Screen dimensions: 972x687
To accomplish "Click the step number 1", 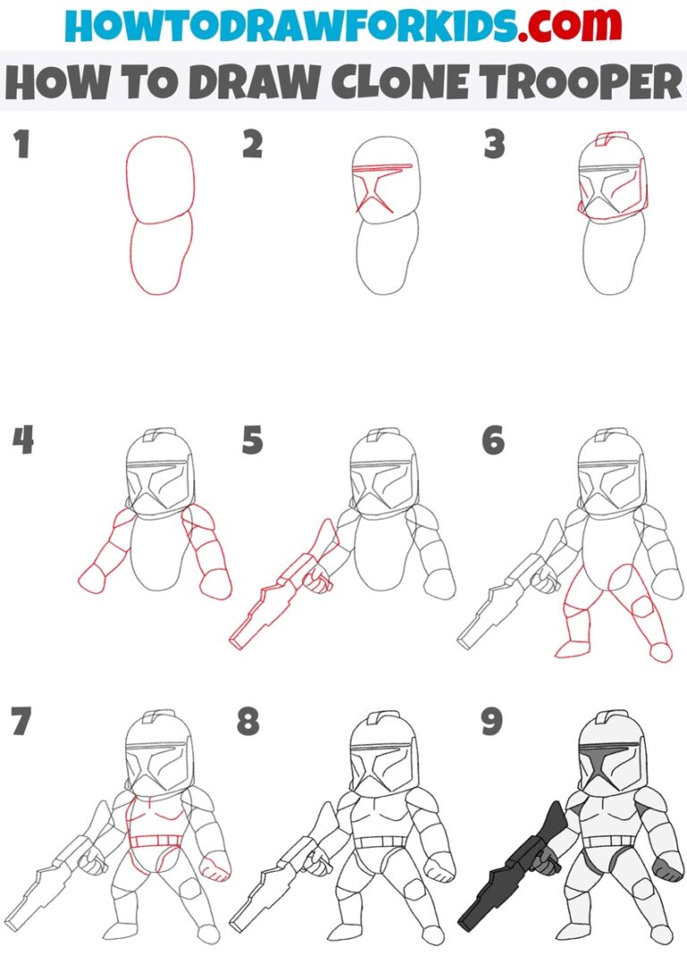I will (21, 145).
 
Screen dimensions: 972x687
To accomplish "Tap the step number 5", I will (252, 440).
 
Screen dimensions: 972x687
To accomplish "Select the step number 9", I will (491, 723).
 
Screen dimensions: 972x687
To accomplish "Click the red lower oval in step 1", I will (158, 255).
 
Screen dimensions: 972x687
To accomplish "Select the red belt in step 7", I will (154, 841).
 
